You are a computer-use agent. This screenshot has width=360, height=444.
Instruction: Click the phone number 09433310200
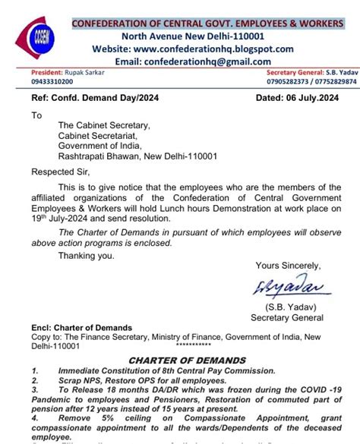(52, 82)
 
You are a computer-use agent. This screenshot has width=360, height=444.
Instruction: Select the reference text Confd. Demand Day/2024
(109, 98)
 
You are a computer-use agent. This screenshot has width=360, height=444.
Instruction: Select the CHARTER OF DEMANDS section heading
(188, 360)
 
